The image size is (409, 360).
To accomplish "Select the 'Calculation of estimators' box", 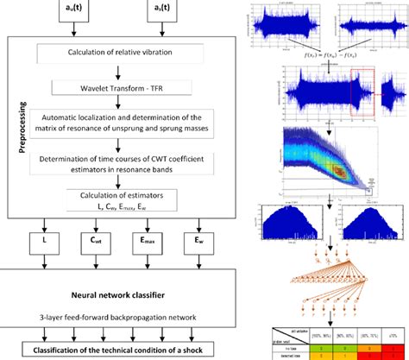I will pos(126,198).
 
